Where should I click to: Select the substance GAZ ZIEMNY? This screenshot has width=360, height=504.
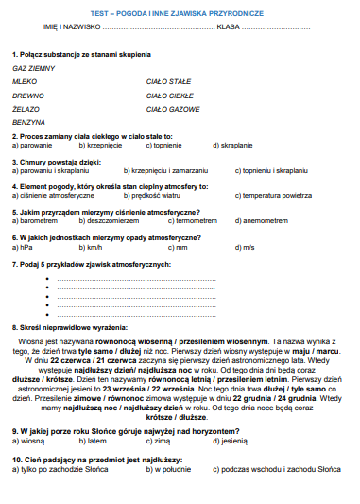click(x=34, y=70)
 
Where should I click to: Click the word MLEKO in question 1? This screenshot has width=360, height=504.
click(x=25, y=83)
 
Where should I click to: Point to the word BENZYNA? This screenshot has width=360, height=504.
click(x=29, y=123)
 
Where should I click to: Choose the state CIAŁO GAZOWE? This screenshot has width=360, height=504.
click(x=173, y=110)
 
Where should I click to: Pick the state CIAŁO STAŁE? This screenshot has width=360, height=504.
click(x=169, y=83)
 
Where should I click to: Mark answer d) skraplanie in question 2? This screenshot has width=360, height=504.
click(x=232, y=146)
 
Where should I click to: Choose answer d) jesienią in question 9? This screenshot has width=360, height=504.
click(x=232, y=441)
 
